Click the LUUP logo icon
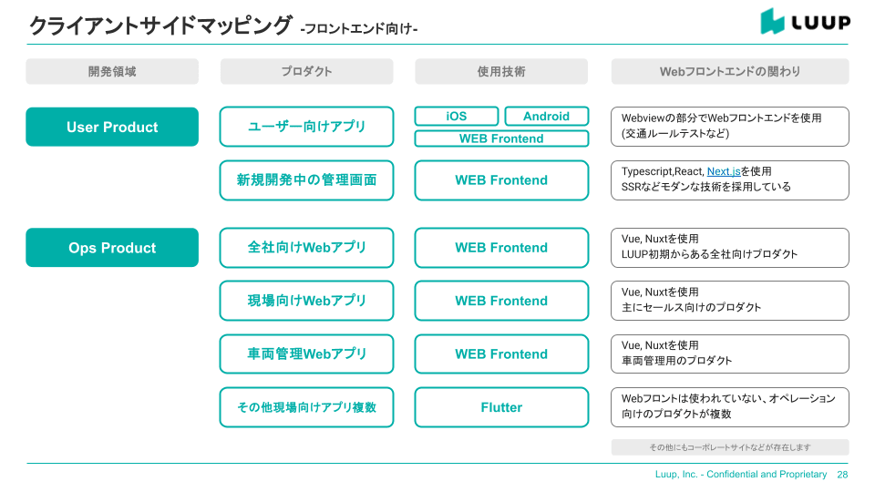click(773, 22)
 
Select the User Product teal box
click(112, 128)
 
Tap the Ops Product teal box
click(112, 248)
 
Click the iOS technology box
click(457, 117)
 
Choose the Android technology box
click(546, 117)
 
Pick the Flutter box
click(501, 407)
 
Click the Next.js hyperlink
click(723, 171)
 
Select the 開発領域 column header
click(112, 71)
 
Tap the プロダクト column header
click(306, 71)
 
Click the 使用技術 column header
click(501, 71)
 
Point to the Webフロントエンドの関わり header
click(730, 71)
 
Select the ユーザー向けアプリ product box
click(306, 127)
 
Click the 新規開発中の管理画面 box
click(306, 180)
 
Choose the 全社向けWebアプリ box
click(306, 248)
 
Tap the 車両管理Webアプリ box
click(306, 354)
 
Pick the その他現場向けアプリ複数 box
click(306, 407)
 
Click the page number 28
click(842, 475)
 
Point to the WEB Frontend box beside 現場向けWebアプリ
click(501, 301)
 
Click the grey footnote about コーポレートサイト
click(730, 447)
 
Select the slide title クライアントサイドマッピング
click(160, 26)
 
